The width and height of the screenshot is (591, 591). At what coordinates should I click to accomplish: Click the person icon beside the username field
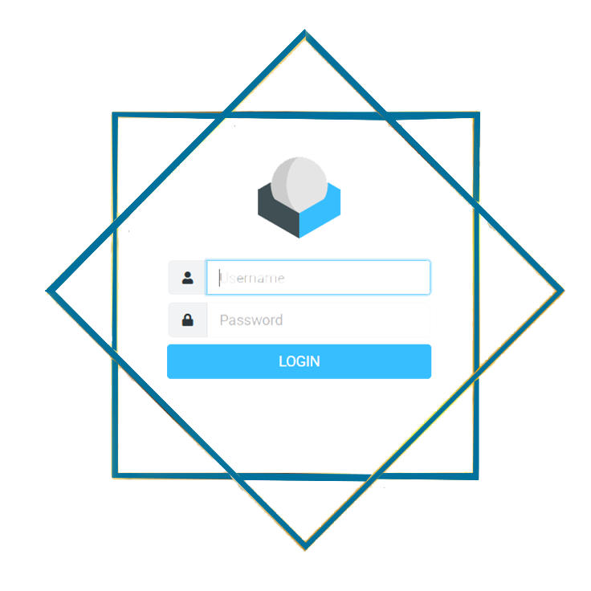pyautogui.click(x=187, y=279)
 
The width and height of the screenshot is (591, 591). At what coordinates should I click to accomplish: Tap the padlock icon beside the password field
pyautogui.click(x=187, y=320)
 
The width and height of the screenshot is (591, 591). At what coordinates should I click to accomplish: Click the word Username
pyautogui.click(x=252, y=279)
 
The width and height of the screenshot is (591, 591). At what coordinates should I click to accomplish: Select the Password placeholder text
pyautogui.click(x=251, y=321)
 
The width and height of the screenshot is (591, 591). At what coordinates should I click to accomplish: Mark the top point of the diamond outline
pyautogui.click(x=304, y=33)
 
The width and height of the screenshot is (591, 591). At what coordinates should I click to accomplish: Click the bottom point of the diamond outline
pyautogui.click(x=305, y=548)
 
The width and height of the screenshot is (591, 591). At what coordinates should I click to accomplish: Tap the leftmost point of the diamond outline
pyautogui.click(x=48, y=290)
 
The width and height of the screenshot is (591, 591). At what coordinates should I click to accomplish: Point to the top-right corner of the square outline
pyautogui.click(x=478, y=115)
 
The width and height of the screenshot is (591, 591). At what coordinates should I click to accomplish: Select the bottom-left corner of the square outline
pyautogui.click(x=116, y=473)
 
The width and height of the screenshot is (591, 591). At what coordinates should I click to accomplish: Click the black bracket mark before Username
pyautogui.click(x=216, y=278)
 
